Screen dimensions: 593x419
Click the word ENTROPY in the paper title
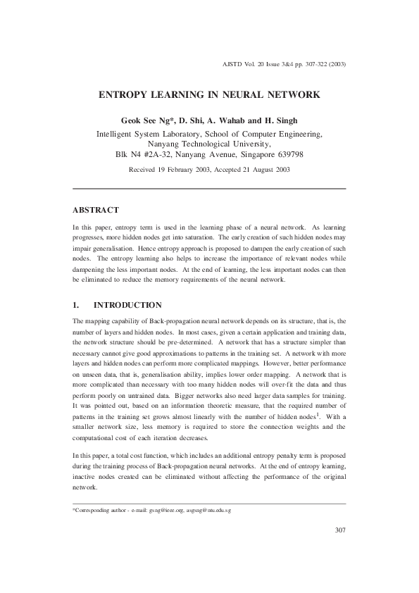[x=123, y=94]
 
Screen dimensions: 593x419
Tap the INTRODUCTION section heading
[x=128, y=305]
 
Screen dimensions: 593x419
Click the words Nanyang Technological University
[x=208, y=143]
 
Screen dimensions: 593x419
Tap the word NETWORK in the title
[x=290, y=94]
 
